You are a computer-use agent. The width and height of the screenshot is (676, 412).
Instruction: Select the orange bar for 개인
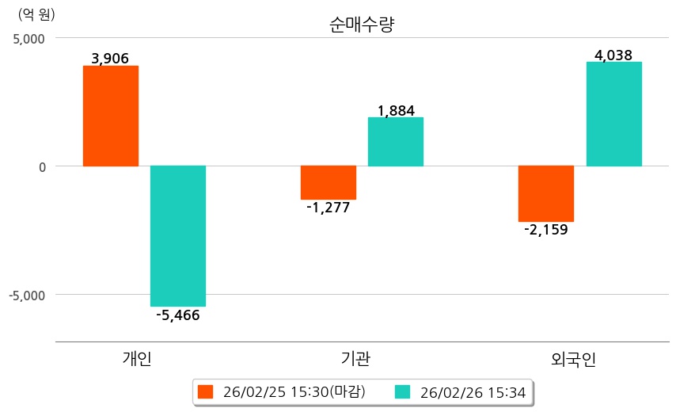(111, 116)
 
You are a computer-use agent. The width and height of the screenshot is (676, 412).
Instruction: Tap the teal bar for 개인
(178, 235)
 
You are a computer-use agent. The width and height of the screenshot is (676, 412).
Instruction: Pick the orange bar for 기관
(329, 182)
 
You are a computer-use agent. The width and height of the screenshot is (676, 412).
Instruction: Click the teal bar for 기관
(396, 142)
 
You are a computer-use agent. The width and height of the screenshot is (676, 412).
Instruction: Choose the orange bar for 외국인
(546, 193)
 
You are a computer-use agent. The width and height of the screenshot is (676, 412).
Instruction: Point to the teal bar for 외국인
(613, 114)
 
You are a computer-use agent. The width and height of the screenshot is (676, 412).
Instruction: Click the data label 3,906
(110, 58)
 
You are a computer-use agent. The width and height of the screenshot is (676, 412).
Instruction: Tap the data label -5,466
(178, 315)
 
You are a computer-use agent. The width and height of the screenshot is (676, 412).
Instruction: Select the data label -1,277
(328, 208)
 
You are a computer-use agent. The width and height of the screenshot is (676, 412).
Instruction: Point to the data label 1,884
(396, 110)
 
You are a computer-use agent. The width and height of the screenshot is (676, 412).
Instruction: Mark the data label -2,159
(546, 231)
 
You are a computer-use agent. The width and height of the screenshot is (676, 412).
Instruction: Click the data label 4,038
(613, 55)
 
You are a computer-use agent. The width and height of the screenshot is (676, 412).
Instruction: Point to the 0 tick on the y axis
(41, 166)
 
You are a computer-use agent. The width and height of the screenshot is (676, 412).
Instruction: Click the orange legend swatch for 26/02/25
(206, 391)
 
